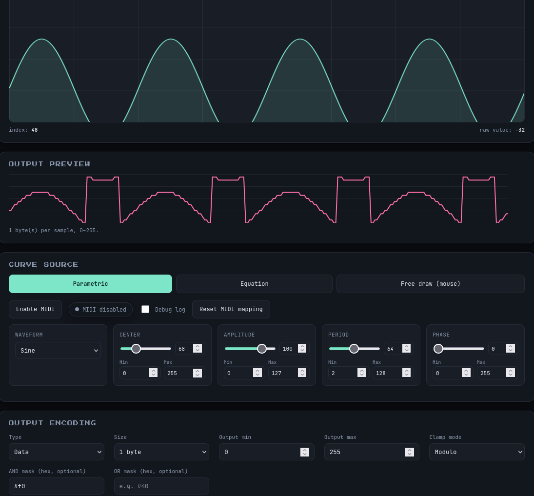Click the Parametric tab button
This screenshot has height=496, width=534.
pos(90,284)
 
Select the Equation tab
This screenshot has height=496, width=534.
pos(254,284)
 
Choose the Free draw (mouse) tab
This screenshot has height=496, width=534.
pos(431,284)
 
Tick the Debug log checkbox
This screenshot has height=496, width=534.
pos(145,309)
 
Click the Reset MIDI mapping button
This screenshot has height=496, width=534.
pos(231,309)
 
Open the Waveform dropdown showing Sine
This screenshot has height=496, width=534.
pos(58,350)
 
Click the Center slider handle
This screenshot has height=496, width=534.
pos(136,349)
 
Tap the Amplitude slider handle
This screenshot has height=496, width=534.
pos(261,349)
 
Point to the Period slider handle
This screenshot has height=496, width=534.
pos(354,349)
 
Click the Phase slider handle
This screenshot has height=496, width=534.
pos(438,349)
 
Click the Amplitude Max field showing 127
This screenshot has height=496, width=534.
pos(288,373)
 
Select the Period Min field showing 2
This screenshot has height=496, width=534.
pos(348,373)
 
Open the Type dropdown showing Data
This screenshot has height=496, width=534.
pos(57,452)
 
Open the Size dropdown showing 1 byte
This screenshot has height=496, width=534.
pos(161,452)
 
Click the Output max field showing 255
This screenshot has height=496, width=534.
pos(372,452)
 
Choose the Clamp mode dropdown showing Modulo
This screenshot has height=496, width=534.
pos(477,452)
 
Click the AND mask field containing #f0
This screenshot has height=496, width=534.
pos(57,486)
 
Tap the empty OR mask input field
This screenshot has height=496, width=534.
pos(161,486)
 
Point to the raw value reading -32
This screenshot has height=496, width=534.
pos(502,130)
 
